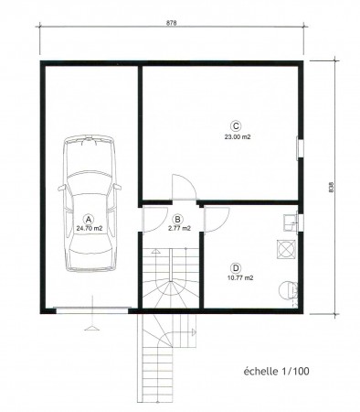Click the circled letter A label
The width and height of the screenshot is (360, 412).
click(x=89, y=219)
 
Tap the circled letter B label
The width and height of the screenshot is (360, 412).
click(x=177, y=219)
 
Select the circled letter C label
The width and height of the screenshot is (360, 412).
click(x=236, y=126)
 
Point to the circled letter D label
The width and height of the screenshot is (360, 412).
click(x=236, y=268)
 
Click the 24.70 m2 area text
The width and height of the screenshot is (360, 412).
click(x=90, y=228)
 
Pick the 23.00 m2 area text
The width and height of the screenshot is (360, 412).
click(x=238, y=137)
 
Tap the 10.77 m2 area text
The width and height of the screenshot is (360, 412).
click(x=240, y=278)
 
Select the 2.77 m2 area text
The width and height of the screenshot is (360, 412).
click(x=180, y=228)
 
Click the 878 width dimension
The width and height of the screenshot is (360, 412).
click(x=172, y=23)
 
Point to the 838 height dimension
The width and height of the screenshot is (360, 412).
click(x=332, y=187)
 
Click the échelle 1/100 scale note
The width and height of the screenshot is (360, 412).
click(x=277, y=372)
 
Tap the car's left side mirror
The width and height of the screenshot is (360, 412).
click(x=62, y=188)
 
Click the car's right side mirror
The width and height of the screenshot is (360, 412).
click(x=117, y=187)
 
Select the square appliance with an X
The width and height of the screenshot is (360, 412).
click(x=286, y=249)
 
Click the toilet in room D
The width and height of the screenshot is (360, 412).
click(x=288, y=290)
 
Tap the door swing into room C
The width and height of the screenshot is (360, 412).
click(x=184, y=187)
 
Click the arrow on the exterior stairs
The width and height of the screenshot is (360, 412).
click(x=194, y=332)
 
